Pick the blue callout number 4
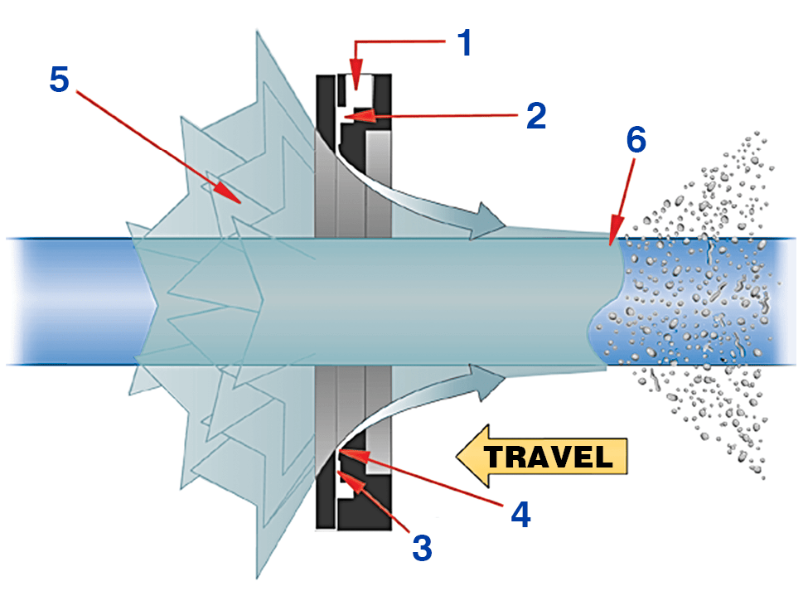(x=520, y=514)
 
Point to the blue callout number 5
(x=60, y=79)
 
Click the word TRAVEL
(x=548, y=457)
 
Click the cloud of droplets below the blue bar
(x=713, y=414)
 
